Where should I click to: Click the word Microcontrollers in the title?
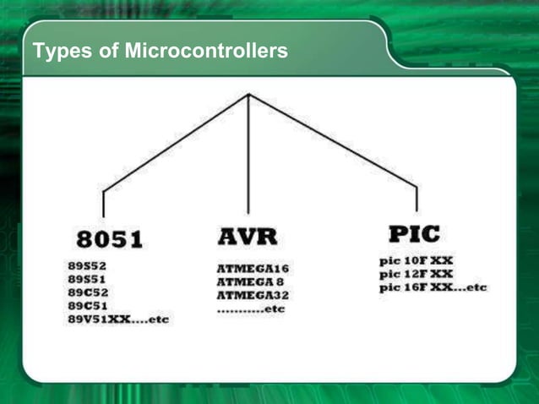[x=206, y=52]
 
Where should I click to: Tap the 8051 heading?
[x=110, y=239]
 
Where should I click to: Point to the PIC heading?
[x=414, y=232]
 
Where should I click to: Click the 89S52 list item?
[x=88, y=265]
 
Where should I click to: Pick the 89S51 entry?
[x=88, y=278]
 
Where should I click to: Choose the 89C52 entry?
[x=88, y=292]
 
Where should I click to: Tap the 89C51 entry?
[x=88, y=305]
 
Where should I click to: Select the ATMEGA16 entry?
[x=253, y=269]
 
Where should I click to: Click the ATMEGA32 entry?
[x=253, y=296]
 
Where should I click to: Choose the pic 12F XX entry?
[x=416, y=274]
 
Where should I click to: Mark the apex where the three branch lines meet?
[x=248, y=94]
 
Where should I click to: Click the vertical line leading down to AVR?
[x=248, y=156]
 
